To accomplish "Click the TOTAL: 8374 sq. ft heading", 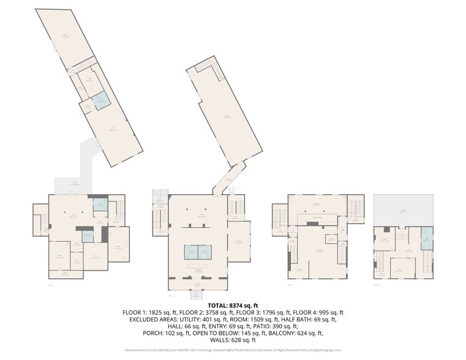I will [x=233, y=305].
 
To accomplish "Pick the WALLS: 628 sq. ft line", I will [x=233, y=340].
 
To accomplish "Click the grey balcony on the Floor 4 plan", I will [x=404, y=209].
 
